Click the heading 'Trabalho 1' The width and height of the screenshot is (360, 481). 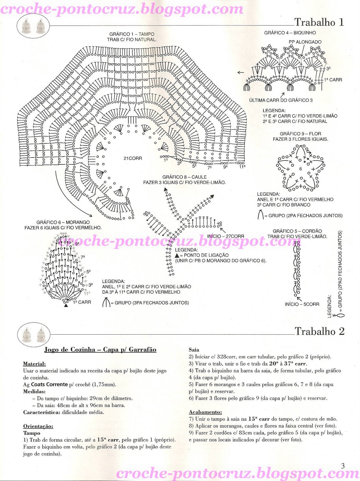[x=319, y=22]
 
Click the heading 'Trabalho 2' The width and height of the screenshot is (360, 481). [x=319, y=331]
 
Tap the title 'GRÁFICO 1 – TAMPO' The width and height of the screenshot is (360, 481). [x=132, y=34]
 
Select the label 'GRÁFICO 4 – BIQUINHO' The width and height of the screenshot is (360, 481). [x=290, y=32]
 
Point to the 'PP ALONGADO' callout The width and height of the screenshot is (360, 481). [x=305, y=42]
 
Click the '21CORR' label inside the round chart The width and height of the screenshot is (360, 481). [x=133, y=158]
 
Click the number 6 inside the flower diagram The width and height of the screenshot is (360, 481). [x=300, y=169]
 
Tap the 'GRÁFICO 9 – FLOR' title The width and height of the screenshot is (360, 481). [x=300, y=134]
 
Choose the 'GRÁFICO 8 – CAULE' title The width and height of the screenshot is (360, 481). [x=184, y=177]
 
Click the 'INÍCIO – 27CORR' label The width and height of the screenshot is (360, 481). [x=226, y=236]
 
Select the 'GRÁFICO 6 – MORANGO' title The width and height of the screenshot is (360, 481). [x=63, y=222]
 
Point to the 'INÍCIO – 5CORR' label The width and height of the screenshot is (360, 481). [x=302, y=304]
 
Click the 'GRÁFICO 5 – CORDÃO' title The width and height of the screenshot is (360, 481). [x=297, y=231]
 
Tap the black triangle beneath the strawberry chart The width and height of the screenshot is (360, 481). [x=66, y=305]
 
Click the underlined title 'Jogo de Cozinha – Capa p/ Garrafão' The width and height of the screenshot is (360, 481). [x=100, y=350]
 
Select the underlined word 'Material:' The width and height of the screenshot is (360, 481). [x=34, y=364]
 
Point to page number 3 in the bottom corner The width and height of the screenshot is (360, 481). [x=343, y=466]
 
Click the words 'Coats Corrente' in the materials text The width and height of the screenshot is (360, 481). [x=49, y=384]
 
